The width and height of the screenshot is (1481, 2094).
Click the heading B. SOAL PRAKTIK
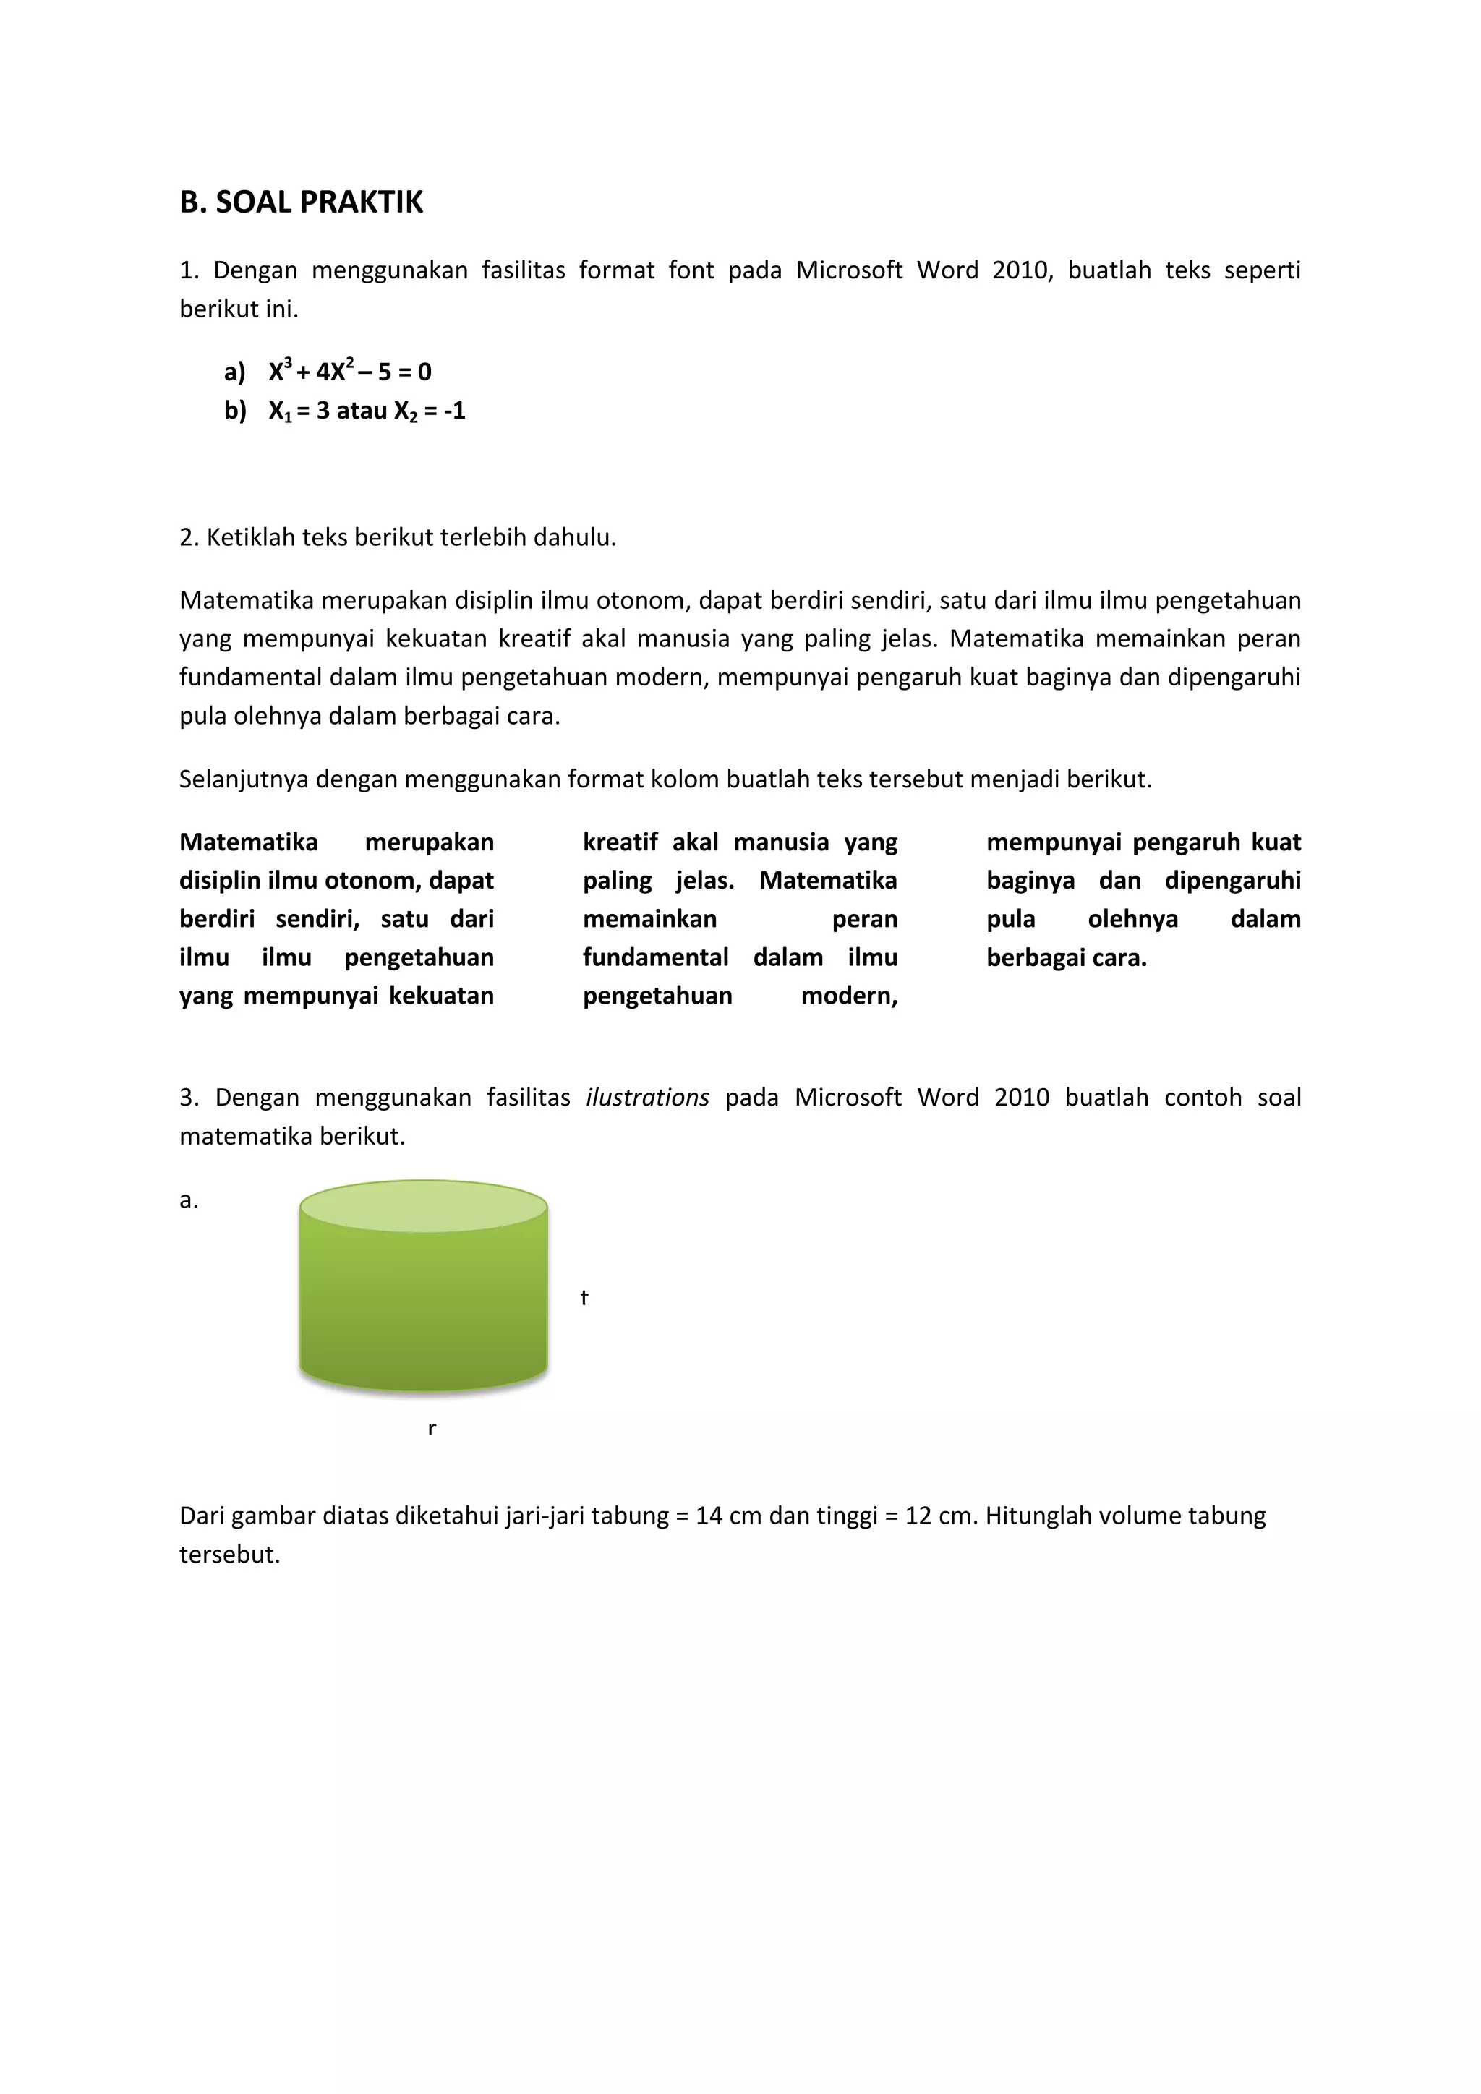301,202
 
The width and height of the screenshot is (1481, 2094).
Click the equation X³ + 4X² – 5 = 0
349,371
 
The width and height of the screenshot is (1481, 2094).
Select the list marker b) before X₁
235,411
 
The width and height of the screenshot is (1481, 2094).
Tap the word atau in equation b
362,411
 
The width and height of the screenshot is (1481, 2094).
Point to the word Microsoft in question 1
849,270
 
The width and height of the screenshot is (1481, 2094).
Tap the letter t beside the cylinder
584,1297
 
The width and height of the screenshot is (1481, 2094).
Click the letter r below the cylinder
431,1428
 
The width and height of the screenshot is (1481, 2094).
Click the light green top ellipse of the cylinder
423,1205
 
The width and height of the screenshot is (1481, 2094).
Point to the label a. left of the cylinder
188,1200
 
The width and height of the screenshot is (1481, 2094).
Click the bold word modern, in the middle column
849,995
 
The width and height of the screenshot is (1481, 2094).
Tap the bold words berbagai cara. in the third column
1066,957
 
